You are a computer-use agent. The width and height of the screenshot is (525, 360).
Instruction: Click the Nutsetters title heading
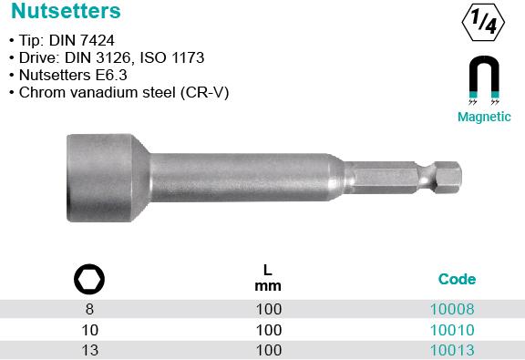pos(66,11)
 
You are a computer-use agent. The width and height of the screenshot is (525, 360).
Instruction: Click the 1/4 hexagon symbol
pos(483,23)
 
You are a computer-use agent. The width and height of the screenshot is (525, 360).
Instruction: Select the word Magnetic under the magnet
pos(484,117)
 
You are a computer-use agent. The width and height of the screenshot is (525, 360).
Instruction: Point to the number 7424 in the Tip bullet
pos(98,40)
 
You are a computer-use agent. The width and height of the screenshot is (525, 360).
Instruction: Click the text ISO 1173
pos(172,58)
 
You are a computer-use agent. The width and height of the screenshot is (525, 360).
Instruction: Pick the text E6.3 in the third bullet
pos(111,75)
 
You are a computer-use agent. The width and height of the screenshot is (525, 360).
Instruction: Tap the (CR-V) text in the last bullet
pos(204,93)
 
